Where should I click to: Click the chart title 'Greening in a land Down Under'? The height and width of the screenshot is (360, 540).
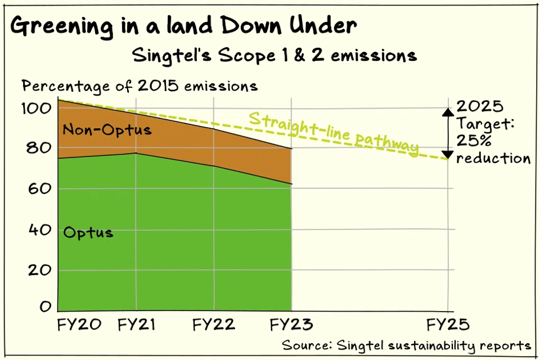(x=183, y=26)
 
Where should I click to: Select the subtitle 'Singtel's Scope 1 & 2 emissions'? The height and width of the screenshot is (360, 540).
(x=274, y=56)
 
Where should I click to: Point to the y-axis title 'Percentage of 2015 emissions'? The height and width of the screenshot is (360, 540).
(x=139, y=86)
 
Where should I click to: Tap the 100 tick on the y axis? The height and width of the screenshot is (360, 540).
(x=38, y=107)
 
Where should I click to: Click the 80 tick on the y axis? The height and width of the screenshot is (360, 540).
(x=38, y=148)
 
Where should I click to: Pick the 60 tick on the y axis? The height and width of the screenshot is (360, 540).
(x=38, y=189)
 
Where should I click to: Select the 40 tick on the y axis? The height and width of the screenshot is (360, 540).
(x=38, y=229)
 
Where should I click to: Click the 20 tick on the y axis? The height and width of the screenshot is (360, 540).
(x=38, y=270)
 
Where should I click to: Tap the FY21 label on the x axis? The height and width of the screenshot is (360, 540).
(x=136, y=326)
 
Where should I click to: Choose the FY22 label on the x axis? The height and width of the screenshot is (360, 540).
(x=214, y=326)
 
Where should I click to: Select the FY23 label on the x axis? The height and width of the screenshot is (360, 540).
(x=291, y=326)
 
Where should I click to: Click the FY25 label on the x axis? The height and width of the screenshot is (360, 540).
(x=447, y=326)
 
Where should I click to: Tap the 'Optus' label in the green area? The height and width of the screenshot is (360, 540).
(x=88, y=232)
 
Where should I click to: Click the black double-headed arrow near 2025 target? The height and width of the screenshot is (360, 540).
(x=447, y=133)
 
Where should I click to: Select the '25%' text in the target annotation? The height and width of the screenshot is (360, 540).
(x=471, y=141)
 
